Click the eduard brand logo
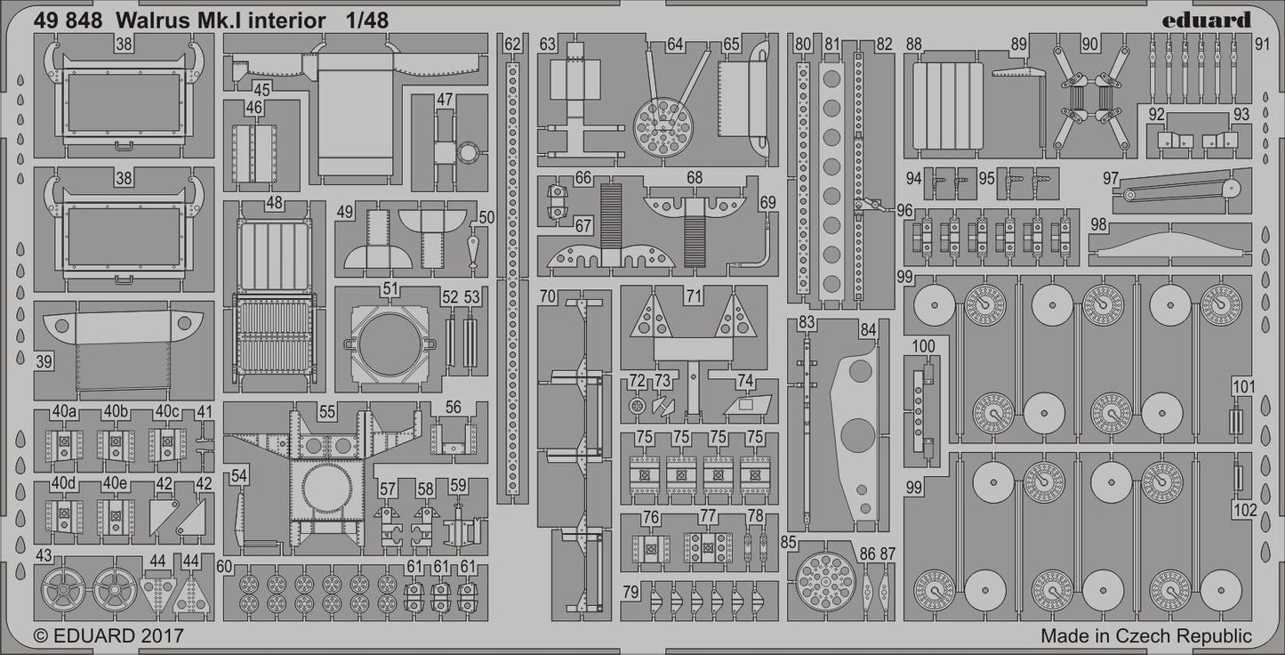(1211, 19)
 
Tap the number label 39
(44, 361)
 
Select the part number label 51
(390, 288)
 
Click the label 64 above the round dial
(675, 44)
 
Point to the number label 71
(694, 295)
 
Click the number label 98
(1098, 224)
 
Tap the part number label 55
(327, 411)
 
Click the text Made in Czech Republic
(1145, 635)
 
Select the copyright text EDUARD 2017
(108, 635)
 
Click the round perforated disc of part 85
(825, 583)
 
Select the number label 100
(923, 346)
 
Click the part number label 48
(274, 203)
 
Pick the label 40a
(64, 411)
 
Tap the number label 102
(1245, 511)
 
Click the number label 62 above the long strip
(513, 44)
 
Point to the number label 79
(630, 593)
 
